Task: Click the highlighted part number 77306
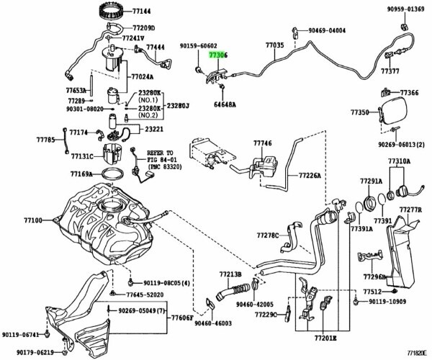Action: tap(218, 53)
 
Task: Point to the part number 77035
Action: tap(274, 45)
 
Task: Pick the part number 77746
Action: tap(263, 143)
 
